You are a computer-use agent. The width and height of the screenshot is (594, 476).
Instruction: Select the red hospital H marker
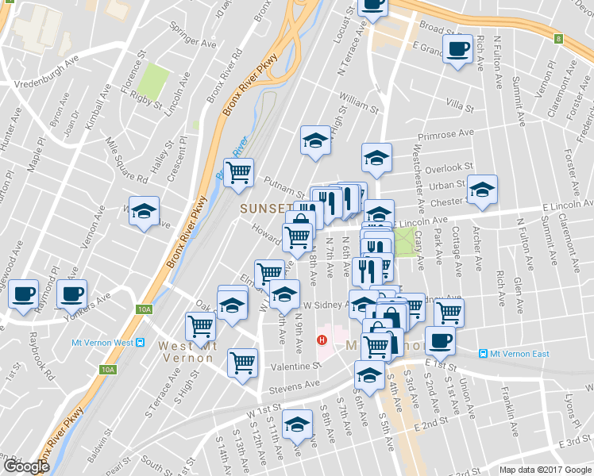(322, 340)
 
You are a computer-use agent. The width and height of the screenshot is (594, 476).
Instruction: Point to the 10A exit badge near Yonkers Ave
(144, 309)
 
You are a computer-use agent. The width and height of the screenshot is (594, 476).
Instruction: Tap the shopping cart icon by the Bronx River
(238, 172)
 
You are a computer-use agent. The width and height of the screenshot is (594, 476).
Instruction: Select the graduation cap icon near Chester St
(481, 189)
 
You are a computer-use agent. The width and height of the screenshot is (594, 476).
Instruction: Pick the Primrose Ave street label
(445, 134)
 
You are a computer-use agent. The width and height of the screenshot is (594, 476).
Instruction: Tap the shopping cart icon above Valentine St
(242, 363)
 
